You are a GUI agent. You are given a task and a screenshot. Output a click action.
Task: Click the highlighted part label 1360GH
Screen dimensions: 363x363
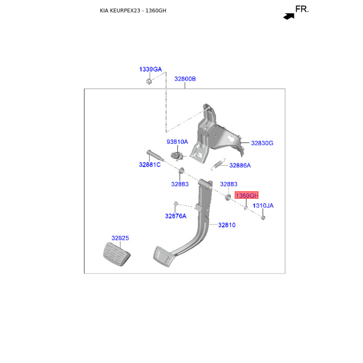tap(246, 196)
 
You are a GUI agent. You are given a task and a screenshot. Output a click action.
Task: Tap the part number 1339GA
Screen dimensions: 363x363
tap(151, 69)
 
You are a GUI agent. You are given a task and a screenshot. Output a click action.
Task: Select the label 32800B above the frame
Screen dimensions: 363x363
tap(185, 79)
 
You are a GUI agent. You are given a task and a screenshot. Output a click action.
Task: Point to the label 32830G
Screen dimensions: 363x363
tap(262, 143)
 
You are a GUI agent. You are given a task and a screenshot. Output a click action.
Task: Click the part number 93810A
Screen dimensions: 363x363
tap(177, 142)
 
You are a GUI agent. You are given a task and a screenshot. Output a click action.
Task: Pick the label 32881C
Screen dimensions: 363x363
tap(150, 165)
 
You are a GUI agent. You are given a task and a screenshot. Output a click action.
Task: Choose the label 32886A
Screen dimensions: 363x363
tap(240, 165)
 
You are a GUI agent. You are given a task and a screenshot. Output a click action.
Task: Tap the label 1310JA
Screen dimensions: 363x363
tap(263, 206)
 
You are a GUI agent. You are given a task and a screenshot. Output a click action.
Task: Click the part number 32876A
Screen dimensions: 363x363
tap(176, 216)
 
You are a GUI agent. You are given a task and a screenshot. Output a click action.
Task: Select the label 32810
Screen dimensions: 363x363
tap(227, 225)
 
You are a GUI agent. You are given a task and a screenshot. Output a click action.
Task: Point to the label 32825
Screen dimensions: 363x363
tap(120, 238)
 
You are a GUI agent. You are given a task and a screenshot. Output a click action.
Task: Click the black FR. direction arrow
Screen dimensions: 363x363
tap(289, 16)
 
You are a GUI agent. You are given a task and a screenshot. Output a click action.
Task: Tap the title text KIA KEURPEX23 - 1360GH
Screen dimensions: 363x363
tap(133, 10)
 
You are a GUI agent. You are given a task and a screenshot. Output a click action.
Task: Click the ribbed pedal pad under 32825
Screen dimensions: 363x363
tap(117, 254)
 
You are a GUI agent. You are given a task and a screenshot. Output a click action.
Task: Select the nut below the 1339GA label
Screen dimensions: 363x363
tap(149, 82)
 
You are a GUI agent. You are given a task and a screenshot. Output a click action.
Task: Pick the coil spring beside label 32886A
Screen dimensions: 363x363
tap(218, 164)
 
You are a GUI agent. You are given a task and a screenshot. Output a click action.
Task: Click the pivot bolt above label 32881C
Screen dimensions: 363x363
tap(155, 156)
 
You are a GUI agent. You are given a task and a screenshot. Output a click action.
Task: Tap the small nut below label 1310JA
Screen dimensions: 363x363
tap(263, 218)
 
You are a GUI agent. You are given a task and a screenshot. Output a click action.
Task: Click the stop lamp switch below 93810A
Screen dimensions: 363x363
tap(177, 156)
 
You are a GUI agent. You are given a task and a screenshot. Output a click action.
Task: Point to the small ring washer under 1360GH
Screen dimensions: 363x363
tap(246, 208)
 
